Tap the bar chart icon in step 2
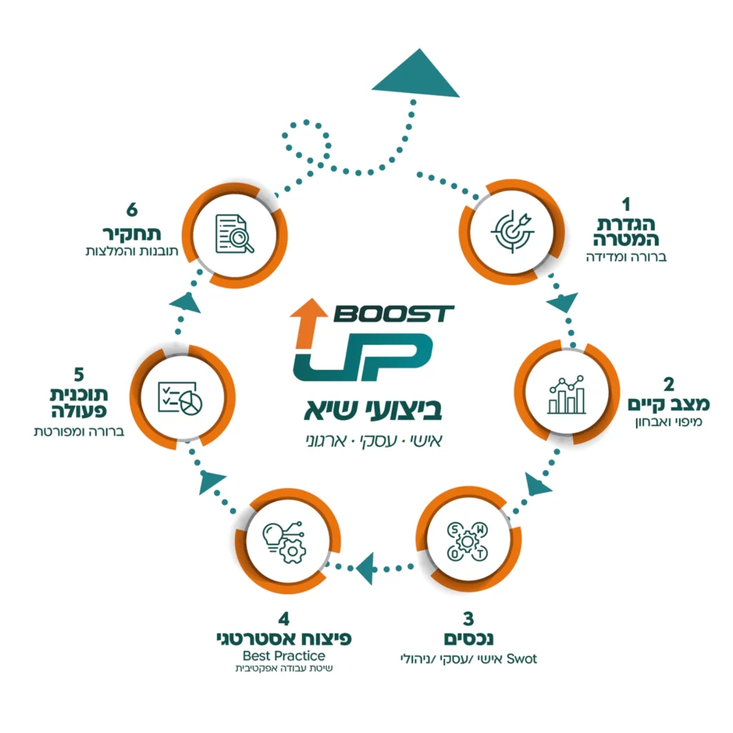[x=566, y=394]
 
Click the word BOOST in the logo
[x=393, y=314]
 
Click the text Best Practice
[x=284, y=656]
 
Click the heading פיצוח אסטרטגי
[x=285, y=638]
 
